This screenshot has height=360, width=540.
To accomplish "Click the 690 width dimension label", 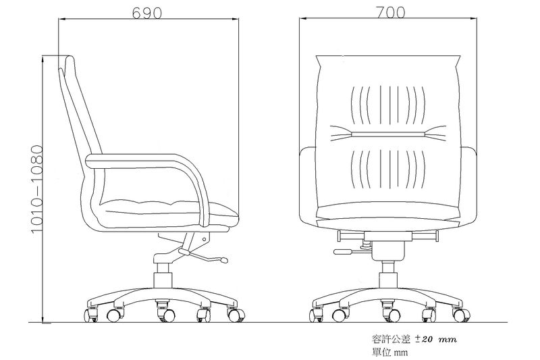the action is click(x=146, y=13).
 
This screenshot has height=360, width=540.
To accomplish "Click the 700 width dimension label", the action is click(x=391, y=13).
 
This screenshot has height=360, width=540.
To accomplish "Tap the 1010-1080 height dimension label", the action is click(x=37, y=190).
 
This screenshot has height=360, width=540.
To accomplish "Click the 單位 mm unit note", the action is click(x=389, y=353).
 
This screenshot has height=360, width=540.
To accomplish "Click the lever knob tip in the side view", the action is click(x=224, y=260).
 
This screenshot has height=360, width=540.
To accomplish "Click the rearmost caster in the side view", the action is click(x=91, y=315).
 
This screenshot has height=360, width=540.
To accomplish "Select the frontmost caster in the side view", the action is click(x=236, y=315).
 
